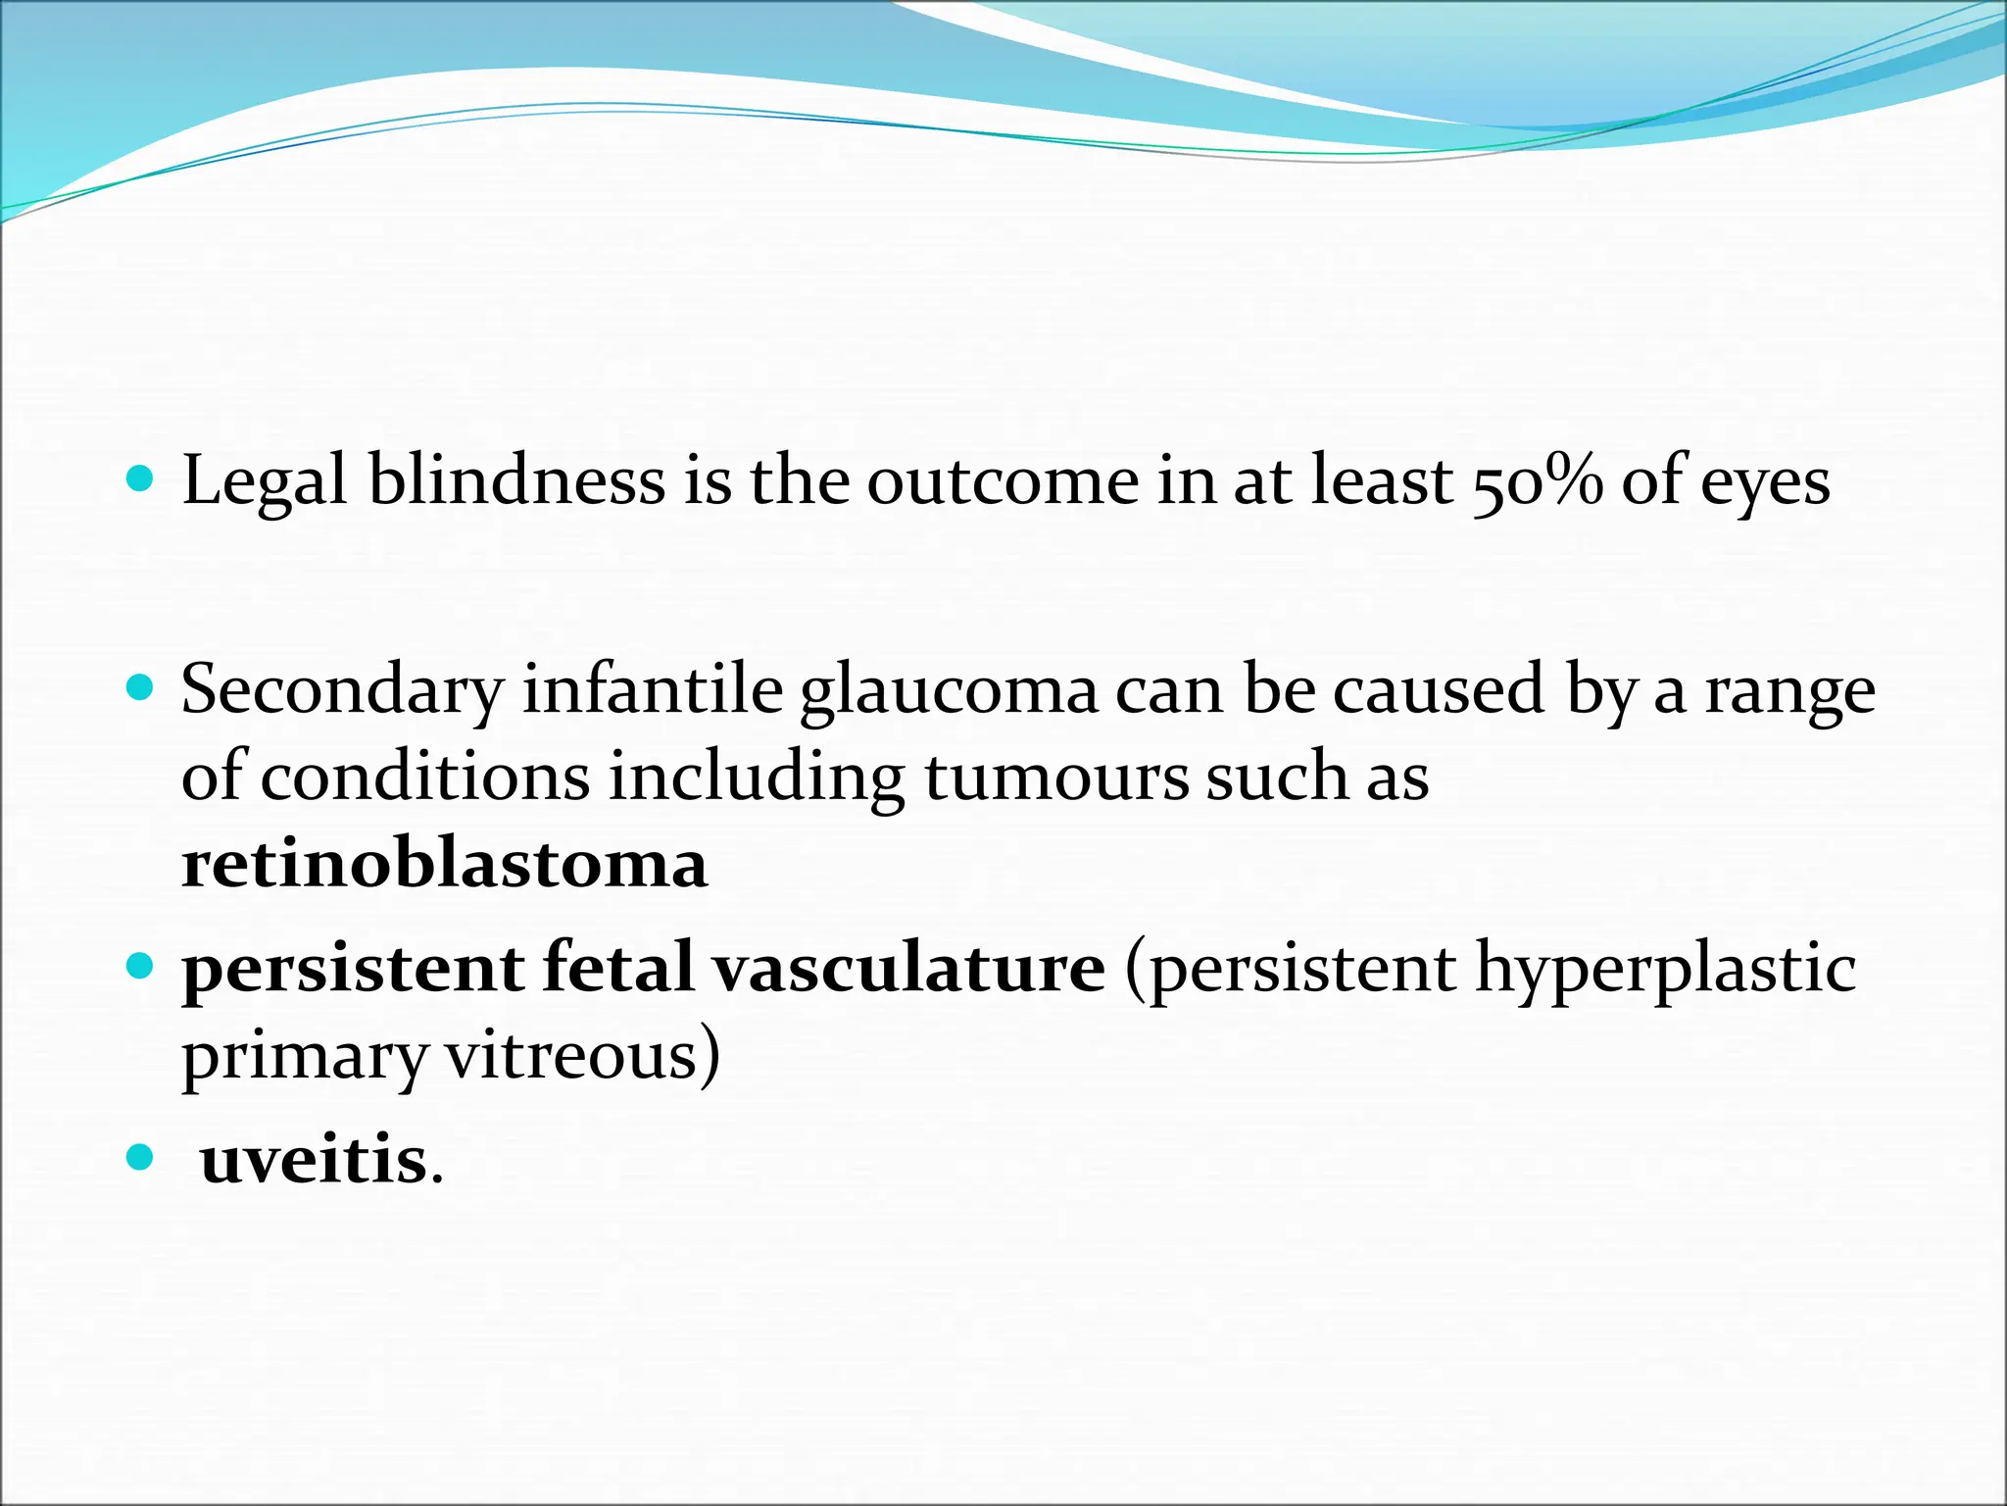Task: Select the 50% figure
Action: [1537, 482]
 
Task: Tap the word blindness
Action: [516, 482]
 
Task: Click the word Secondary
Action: [341, 690]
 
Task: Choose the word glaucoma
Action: [949, 690]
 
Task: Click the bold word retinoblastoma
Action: [444, 865]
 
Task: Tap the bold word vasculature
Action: [908, 969]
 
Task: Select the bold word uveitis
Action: [314, 1160]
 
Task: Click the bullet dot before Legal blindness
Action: [141, 478]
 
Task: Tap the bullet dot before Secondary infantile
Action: [141, 686]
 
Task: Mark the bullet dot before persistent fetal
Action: [141, 966]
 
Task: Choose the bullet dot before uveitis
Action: [141, 1158]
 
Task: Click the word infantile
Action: [652, 690]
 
